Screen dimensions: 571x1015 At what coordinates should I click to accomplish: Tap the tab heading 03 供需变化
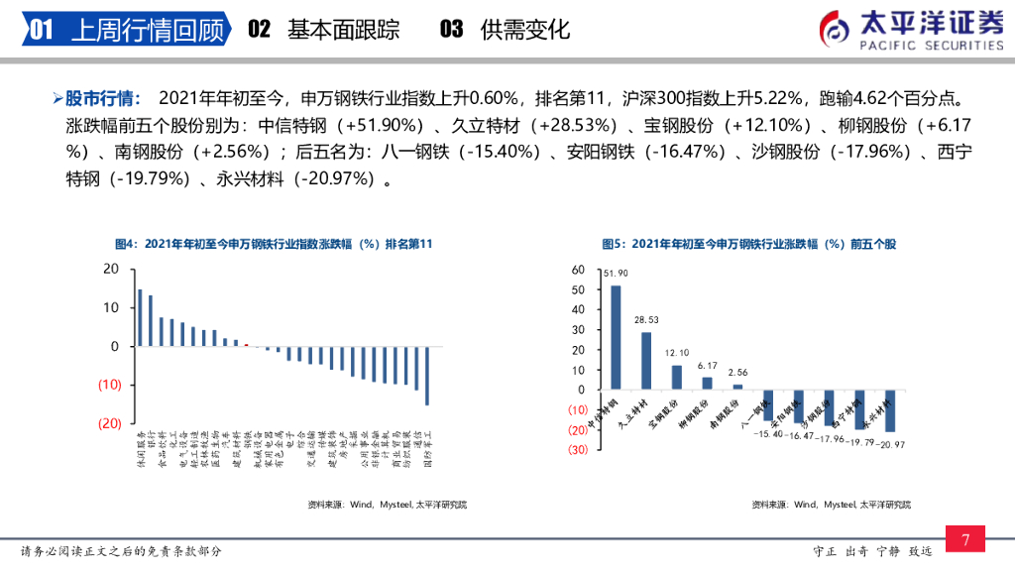(505, 30)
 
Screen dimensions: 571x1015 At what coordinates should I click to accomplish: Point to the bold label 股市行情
(103, 98)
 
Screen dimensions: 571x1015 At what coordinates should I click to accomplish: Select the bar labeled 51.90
(616, 337)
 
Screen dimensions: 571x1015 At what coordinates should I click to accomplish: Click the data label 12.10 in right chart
(677, 353)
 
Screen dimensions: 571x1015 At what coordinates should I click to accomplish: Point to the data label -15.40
(769, 434)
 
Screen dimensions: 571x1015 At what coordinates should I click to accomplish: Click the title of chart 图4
(273, 244)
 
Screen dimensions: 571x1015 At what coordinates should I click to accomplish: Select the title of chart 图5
(748, 244)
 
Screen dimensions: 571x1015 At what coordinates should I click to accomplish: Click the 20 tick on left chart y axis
(111, 269)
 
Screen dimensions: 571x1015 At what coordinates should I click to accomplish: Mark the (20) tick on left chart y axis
(109, 423)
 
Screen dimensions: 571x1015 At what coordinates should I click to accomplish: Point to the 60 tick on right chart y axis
(581, 270)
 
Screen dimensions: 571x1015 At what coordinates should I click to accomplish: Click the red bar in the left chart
(247, 345)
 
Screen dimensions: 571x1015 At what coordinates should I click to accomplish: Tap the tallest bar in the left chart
(140, 317)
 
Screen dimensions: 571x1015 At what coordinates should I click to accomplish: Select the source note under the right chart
(831, 505)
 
